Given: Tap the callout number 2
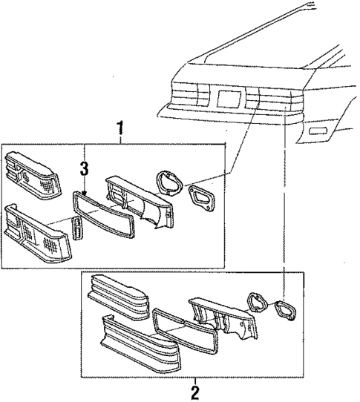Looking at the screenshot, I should click(195, 390).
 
